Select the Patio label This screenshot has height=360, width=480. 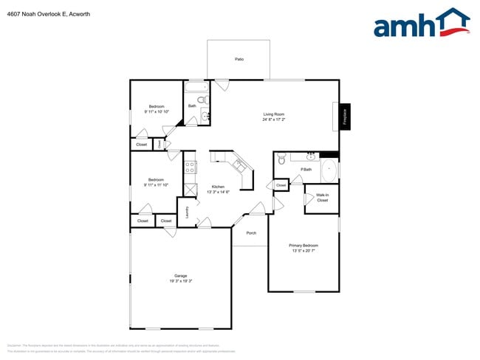239,59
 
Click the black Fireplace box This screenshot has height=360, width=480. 344,116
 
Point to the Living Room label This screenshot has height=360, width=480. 274,114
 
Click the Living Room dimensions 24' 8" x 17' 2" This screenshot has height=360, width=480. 274,120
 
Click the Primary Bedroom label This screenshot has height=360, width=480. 304,245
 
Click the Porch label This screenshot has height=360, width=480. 251,233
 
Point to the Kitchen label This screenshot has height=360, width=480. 218,187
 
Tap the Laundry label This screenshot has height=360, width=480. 188,212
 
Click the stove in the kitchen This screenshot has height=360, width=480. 190,168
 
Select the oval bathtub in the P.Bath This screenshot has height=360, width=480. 328,170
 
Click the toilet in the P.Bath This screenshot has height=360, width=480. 281,160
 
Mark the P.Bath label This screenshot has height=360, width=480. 306,170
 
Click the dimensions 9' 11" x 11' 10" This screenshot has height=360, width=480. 156,185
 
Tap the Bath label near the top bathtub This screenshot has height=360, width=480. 192,106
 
